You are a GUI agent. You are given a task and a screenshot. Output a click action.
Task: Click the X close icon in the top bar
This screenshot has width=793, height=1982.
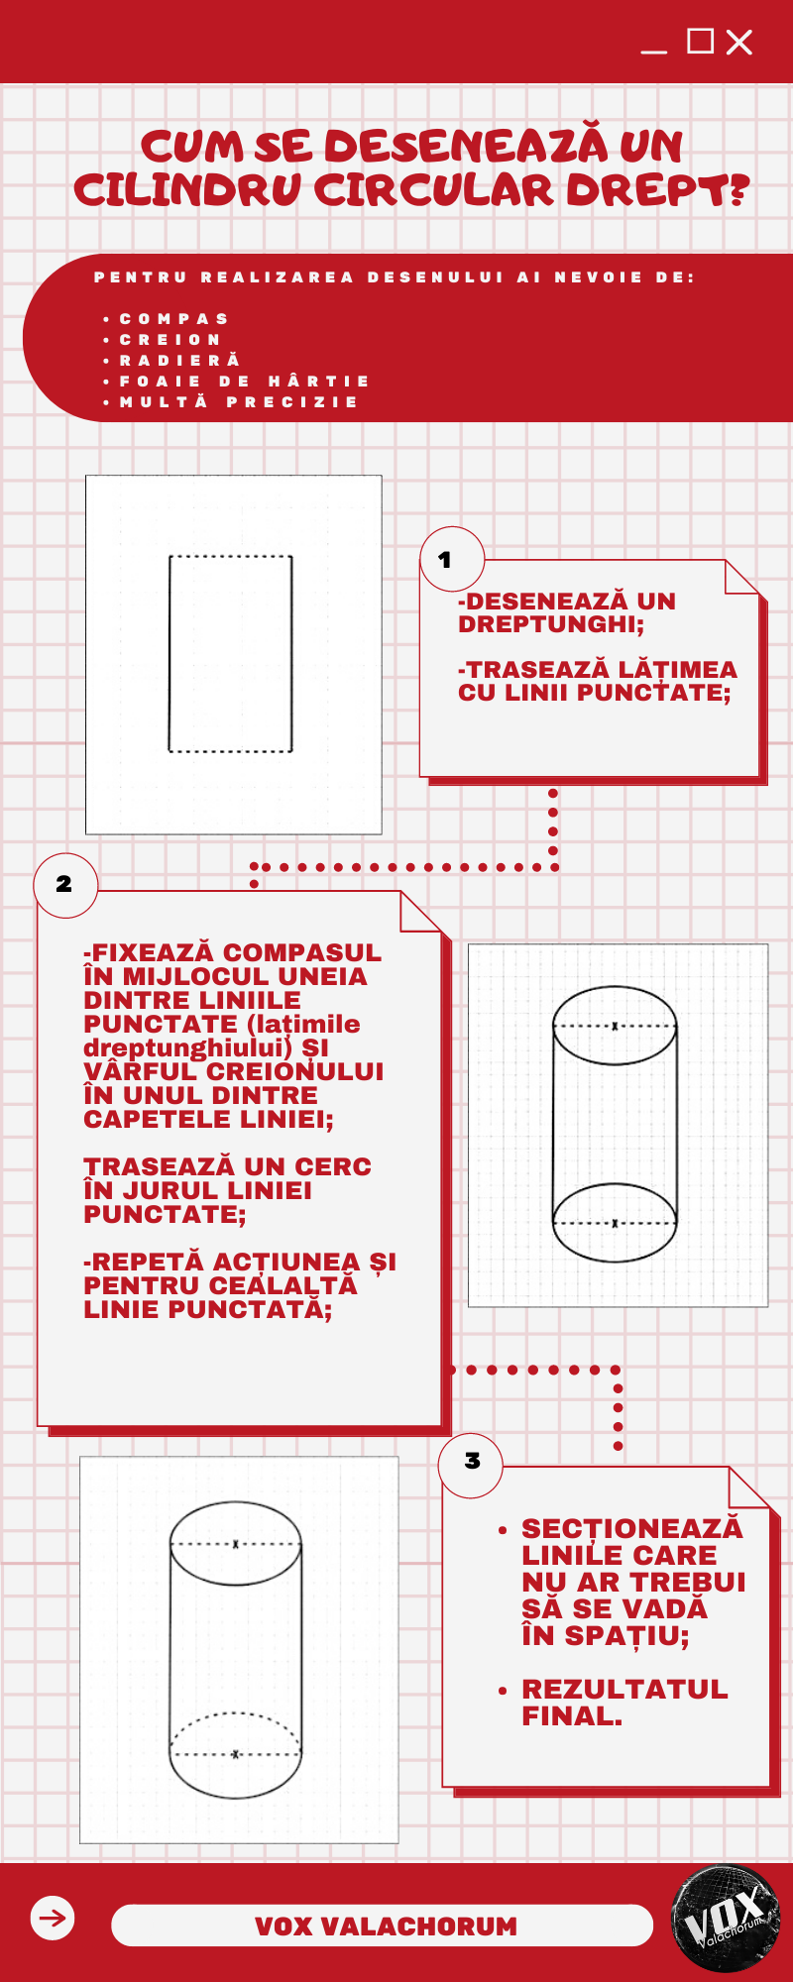point(739,42)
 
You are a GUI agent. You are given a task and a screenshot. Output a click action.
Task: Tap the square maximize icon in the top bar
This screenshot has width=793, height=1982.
point(701,41)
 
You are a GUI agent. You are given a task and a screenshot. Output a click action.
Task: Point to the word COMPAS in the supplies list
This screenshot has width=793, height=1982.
point(174,319)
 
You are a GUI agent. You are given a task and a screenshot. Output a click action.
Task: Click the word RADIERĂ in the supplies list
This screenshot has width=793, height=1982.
point(180,361)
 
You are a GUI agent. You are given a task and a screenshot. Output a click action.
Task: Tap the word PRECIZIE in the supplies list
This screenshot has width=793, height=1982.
point(292,402)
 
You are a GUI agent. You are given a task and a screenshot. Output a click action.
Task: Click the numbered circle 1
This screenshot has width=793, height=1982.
point(452,559)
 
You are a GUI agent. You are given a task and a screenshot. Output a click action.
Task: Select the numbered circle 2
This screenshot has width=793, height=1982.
point(65,885)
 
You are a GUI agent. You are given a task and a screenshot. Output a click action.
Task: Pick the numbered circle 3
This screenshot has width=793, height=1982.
point(471,1463)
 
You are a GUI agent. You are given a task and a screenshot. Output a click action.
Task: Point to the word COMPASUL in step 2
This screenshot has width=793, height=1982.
point(301,953)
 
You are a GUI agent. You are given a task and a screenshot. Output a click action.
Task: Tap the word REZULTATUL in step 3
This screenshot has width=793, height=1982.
point(624,1689)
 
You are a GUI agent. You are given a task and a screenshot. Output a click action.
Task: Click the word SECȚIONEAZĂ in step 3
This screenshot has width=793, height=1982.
point(632,1528)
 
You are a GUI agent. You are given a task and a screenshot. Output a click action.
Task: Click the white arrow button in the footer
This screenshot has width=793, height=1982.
point(53,1918)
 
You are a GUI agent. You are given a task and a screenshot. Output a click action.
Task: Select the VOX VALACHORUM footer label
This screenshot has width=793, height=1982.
point(387,1927)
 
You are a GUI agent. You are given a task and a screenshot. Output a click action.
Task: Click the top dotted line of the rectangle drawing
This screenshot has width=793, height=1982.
point(231,557)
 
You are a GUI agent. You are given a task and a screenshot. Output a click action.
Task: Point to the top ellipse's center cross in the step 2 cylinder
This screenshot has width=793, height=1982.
point(615,1026)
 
